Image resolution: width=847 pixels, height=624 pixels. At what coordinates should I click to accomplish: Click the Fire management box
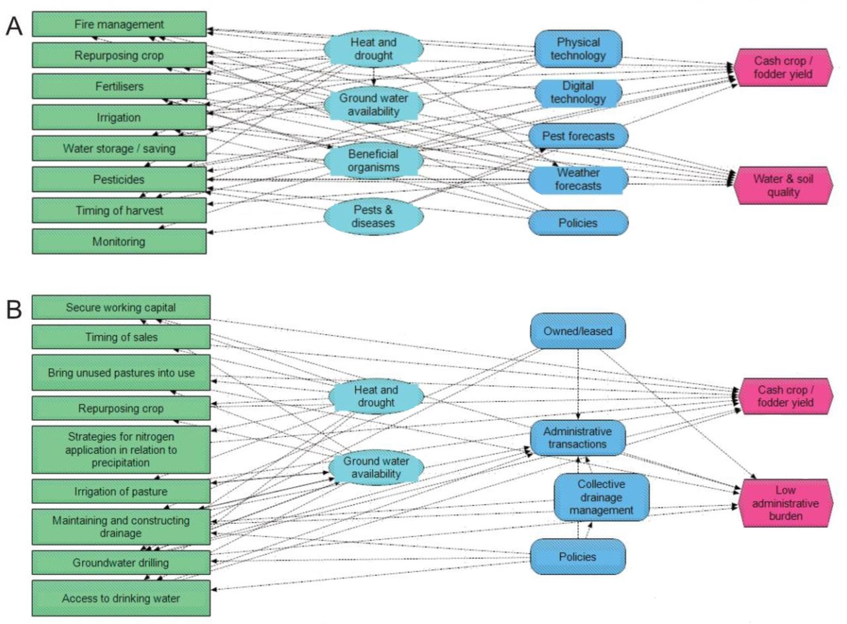[x=119, y=25]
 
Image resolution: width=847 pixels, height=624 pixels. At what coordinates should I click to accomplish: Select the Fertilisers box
[x=119, y=86]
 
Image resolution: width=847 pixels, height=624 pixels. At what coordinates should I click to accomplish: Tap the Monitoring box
[x=119, y=241]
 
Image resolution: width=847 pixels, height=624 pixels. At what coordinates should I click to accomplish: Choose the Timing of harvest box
[x=119, y=210]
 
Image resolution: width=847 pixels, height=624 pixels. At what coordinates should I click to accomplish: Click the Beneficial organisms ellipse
[x=373, y=160]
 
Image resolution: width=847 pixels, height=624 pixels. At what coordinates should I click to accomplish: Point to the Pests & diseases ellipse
[x=373, y=216]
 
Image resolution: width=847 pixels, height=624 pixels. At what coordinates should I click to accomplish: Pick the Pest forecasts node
[x=578, y=136]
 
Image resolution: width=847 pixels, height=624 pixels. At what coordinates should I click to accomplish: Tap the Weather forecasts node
[x=578, y=180]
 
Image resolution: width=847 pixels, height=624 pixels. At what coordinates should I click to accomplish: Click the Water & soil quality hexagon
[x=781, y=186]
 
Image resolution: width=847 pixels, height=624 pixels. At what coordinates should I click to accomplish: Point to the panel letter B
[x=16, y=309]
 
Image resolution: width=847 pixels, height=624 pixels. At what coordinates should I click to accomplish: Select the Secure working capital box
[x=121, y=308]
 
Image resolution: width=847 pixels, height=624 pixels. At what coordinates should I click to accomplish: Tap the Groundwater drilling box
[x=121, y=563]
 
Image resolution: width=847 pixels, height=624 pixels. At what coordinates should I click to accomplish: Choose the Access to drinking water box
[x=121, y=598]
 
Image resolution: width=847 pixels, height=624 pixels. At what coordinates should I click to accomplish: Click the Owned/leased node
[x=578, y=330]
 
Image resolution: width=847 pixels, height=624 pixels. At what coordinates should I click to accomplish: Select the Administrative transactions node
[x=578, y=438]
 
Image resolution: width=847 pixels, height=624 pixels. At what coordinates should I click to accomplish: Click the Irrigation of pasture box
[x=121, y=492]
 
